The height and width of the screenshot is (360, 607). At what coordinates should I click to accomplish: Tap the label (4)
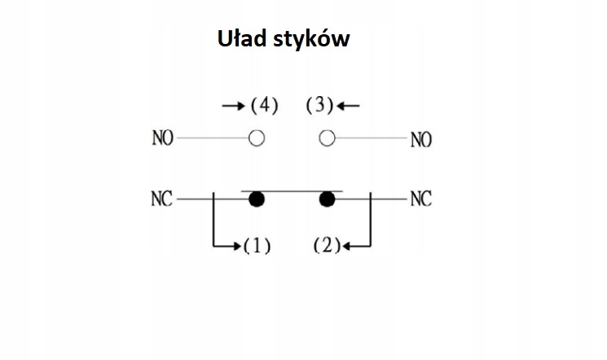[x=264, y=106]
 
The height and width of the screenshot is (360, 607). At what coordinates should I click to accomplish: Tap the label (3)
[x=320, y=106]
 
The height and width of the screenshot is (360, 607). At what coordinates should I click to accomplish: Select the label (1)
[x=257, y=245]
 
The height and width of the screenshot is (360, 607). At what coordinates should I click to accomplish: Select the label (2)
[x=326, y=245]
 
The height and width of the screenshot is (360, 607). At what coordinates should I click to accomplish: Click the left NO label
[x=162, y=138]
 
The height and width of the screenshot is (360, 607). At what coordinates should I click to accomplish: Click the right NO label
[x=420, y=140]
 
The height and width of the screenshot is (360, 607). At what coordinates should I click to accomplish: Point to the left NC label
[x=162, y=199]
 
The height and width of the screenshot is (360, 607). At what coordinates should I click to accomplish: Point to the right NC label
[x=420, y=199]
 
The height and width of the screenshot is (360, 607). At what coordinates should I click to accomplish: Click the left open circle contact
[x=257, y=138]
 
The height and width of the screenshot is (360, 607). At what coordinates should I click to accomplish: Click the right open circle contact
[x=327, y=138]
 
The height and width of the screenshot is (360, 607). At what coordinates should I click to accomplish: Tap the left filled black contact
[x=257, y=200]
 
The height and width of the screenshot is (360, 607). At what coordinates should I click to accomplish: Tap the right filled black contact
[x=328, y=200]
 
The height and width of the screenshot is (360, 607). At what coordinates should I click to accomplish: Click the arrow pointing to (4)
[x=234, y=106]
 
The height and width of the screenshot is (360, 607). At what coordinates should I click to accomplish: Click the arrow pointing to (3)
[x=349, y=106]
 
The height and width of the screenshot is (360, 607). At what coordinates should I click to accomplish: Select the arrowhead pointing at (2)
[x=345, y=245]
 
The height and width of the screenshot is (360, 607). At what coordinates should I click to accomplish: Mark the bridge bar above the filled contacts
[x=292, y=192]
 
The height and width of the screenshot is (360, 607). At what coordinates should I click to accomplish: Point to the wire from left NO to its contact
[x=212, y=138]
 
